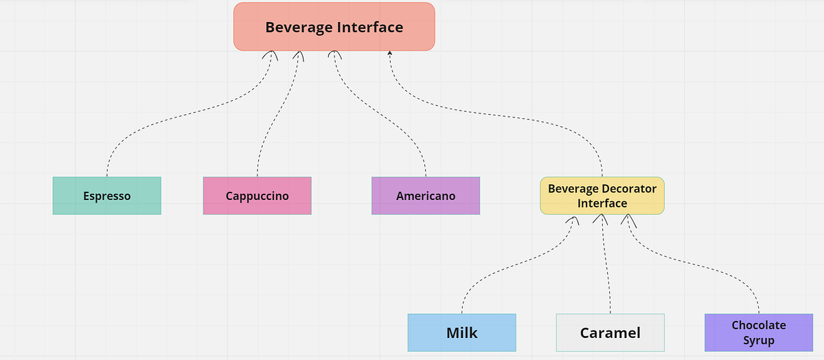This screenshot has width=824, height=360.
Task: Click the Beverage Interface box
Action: (334, 27)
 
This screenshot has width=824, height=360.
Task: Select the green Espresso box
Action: (106, 196)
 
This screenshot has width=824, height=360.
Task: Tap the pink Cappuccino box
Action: (257, 196)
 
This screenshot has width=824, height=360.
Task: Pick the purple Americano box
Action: (425, 196)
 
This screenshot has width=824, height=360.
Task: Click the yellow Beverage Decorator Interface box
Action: (602, 196)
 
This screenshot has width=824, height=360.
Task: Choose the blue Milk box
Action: (461, 333)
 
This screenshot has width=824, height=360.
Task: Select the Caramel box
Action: (610, 333)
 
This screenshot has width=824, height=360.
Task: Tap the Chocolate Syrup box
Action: (758, 333)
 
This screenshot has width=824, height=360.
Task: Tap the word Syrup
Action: (758, 341)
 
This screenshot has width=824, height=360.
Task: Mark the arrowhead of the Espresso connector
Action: (273, 54)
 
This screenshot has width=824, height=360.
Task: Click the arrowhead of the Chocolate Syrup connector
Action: (628, 220)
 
